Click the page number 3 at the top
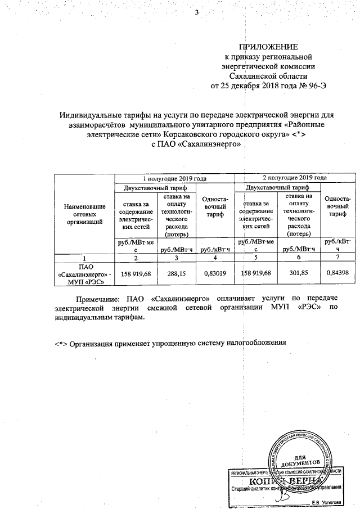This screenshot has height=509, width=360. click(197, 14)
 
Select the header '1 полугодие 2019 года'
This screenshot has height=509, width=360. click(174, 178)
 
